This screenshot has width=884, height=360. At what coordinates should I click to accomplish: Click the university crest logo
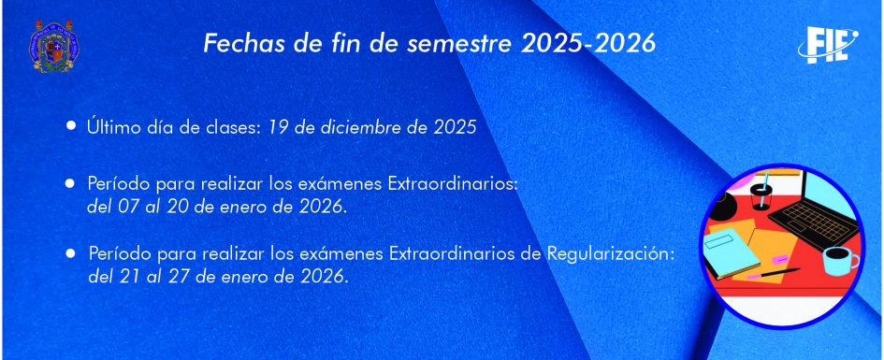point(53,46)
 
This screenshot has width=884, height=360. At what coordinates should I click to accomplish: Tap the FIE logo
point(828,45)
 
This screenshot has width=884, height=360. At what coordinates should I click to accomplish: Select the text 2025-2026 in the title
point(588,44)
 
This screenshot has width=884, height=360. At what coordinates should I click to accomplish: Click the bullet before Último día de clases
point(71,125)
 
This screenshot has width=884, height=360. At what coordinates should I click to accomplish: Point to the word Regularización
point(611,254)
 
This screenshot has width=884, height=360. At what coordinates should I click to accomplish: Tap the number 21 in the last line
point(129,277)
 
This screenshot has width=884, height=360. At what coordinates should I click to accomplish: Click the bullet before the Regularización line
point(70,253)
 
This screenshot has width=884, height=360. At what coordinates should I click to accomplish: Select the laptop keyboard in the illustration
point(814,222)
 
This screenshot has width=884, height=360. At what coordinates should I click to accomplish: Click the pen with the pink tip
point(774,274)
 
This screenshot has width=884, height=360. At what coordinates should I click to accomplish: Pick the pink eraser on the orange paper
point(779,259)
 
